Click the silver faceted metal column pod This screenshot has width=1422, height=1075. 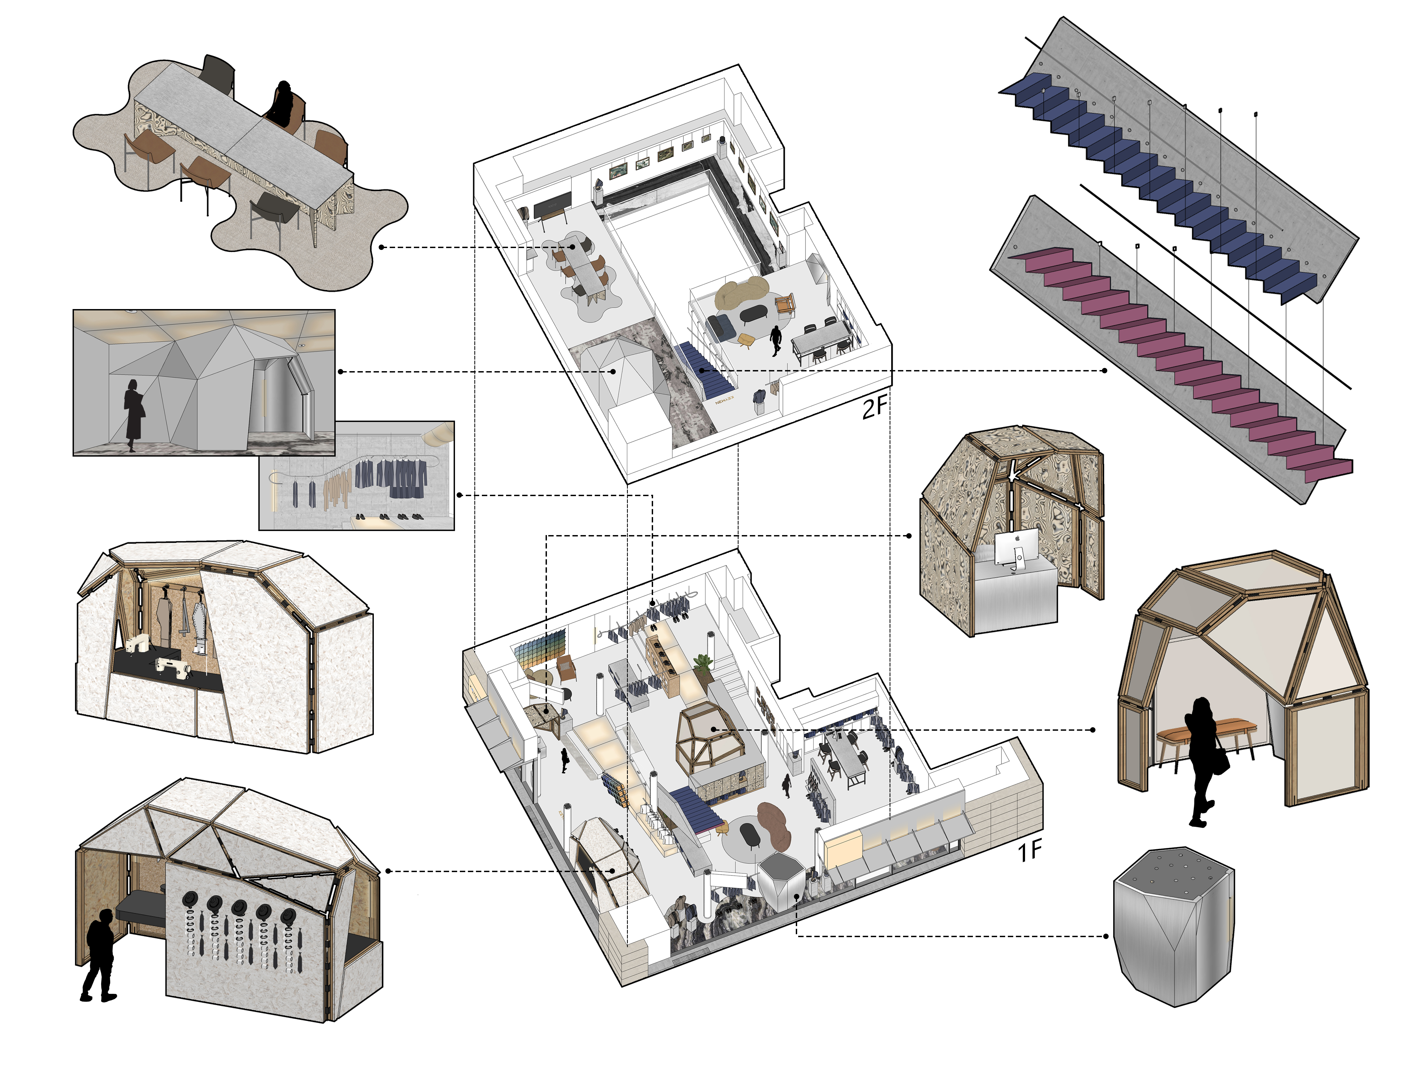(x=1173, y=926)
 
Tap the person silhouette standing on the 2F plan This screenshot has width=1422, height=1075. (x=776, y=339)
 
